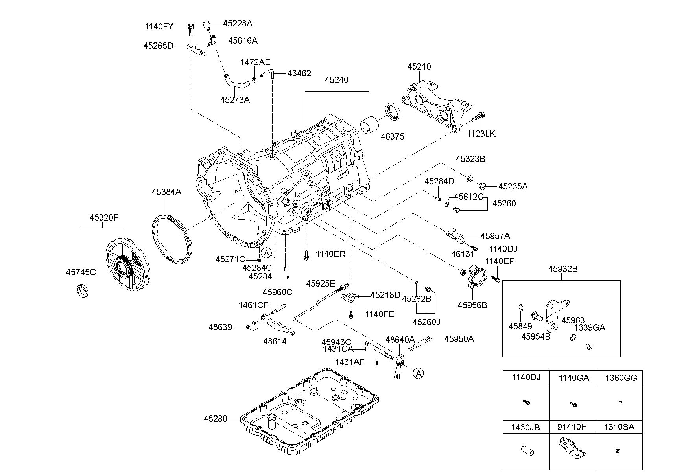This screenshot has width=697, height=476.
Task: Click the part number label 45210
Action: click(419, 66)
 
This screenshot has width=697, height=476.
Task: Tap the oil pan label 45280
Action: click(216, 419)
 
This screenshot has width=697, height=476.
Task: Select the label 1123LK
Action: click(481, 134)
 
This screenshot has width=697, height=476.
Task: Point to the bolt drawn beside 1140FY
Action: click(191, 29)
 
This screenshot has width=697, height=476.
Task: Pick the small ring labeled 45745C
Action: click(81, 290)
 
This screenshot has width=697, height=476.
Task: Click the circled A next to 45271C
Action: click(266, 253)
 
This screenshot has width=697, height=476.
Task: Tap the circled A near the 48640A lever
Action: click(419, 373)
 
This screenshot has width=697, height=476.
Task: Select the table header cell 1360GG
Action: click(621, 378)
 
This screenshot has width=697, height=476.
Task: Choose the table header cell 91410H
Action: click(573, 427)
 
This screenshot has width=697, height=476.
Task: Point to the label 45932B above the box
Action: click(563, 269)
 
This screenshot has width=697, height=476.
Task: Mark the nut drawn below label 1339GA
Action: click(589, 347)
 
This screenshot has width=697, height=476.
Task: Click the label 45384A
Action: click(166, 192)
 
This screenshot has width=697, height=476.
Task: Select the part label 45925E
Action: click(321, 283)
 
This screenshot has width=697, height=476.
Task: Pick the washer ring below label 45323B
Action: click(470, 179)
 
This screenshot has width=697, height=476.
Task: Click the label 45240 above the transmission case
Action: click(337, 80)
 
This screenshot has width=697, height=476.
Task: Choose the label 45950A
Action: click(459, 339)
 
